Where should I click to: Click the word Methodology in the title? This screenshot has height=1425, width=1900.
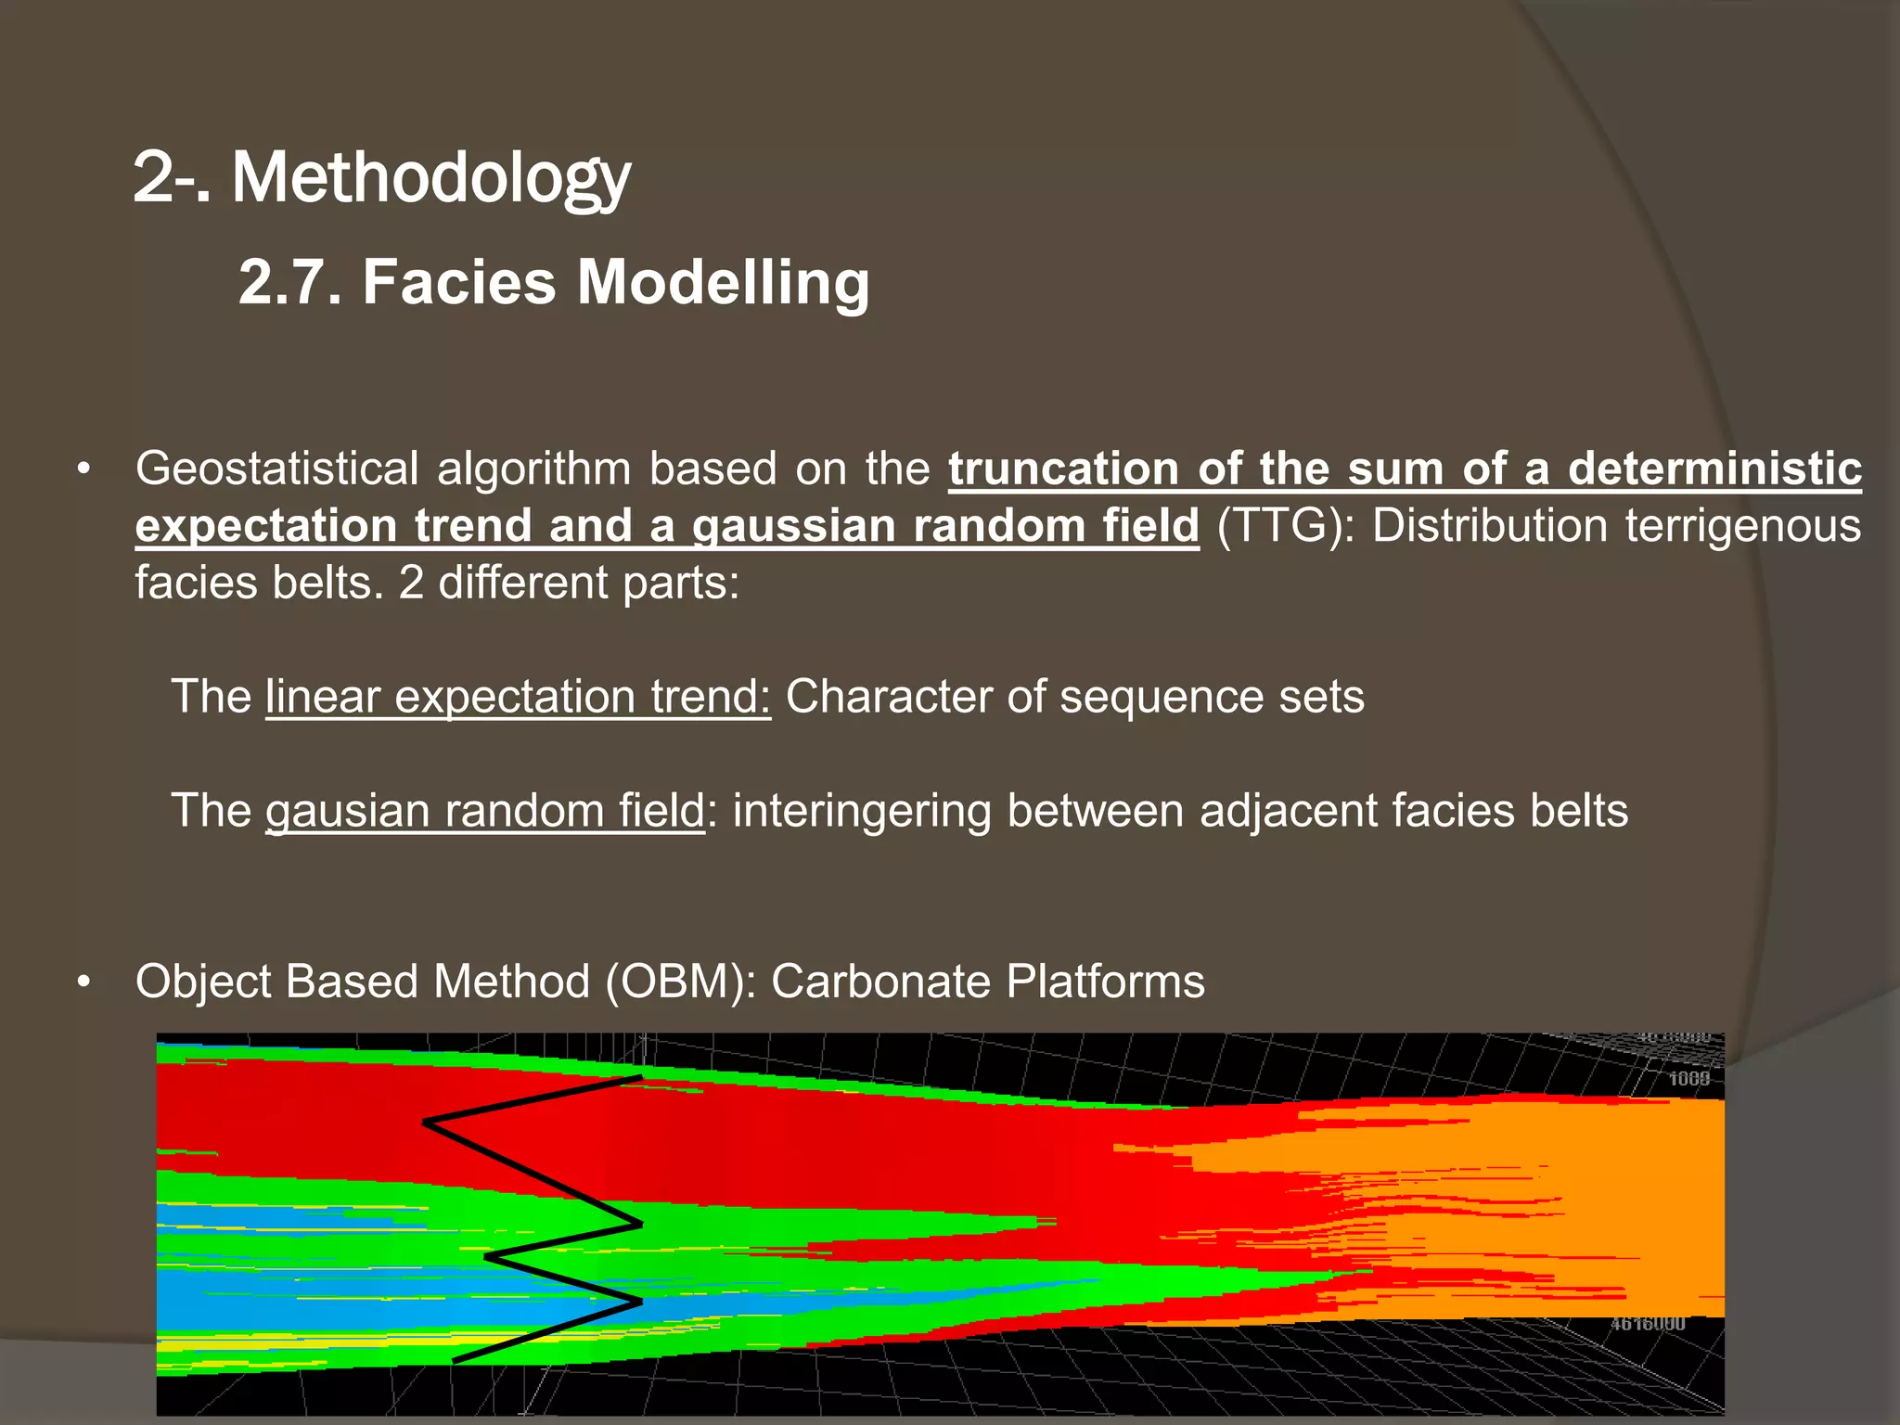pyautogui.click(x=430, y=178)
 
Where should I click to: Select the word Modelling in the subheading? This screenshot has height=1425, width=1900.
pyautogui.click(x=723, y=282)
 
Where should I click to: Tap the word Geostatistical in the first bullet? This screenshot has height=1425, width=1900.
pyautogui.click(x=276, y=469)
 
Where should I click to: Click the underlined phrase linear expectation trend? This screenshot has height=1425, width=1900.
pyautogui.click(x=518, y=697)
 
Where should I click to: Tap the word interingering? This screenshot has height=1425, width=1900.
pyautogui.click(x=862, y=811)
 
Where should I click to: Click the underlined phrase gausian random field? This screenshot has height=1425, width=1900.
pyautogui.click(x=484, y=811)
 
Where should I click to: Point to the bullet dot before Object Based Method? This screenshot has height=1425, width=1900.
pyautogui.click(x=84, y=982)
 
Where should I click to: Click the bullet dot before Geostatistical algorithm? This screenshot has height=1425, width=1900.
pyautogui.click(x=84, y=469)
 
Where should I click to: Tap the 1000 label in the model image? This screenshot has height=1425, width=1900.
pyautogui.click(x=1688, y=1079)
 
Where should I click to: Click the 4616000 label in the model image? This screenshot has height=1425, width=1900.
pyautogui.click(x=1647, y=1324)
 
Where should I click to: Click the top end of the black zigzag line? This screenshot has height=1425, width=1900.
pyautogui.click(x=640, y=1078)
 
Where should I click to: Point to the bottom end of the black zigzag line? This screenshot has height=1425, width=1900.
pyautogui.click(x=455, y=1361)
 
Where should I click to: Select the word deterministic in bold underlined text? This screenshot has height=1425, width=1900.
pyautogui.click(x=1714, y=469)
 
